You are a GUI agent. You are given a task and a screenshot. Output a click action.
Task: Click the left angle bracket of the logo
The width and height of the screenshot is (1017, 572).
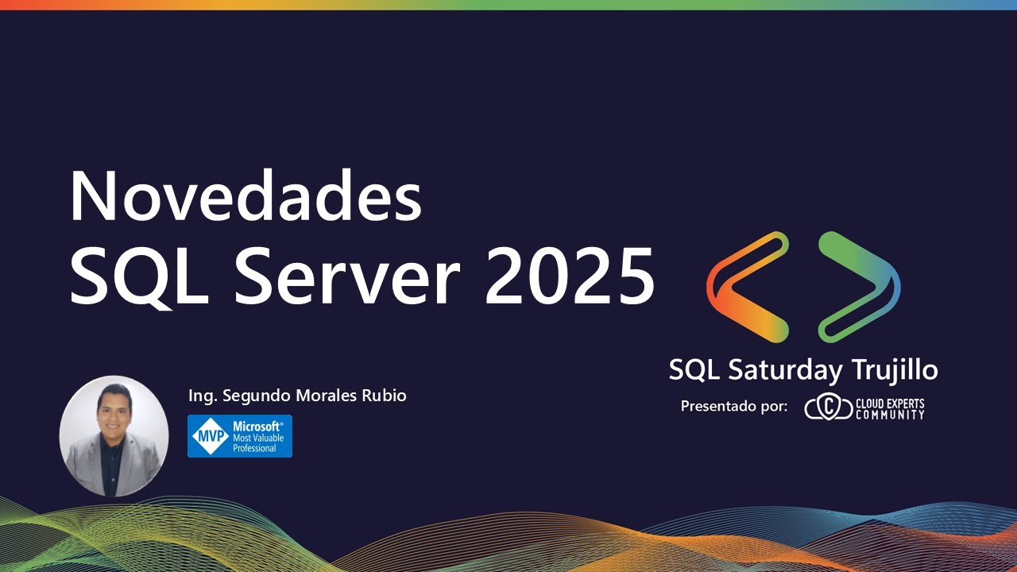tap(748, 287)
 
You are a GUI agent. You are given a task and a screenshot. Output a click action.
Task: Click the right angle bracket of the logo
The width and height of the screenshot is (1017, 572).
tap(860, 287)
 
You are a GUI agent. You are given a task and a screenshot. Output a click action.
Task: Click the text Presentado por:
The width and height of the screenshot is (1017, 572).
tap(734, 407)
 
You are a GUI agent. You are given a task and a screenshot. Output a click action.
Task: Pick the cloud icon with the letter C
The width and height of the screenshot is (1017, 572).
tap(827, 408)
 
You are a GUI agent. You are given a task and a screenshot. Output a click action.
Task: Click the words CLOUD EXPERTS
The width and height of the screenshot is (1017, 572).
tap(890, 403)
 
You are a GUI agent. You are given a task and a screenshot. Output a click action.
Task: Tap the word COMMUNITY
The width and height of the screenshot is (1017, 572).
tap(890, 414)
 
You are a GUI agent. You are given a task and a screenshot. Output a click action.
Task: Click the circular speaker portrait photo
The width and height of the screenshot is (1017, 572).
tap(114, 436)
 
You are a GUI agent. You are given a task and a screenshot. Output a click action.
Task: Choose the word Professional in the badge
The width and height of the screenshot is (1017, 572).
tap(254, 448)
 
